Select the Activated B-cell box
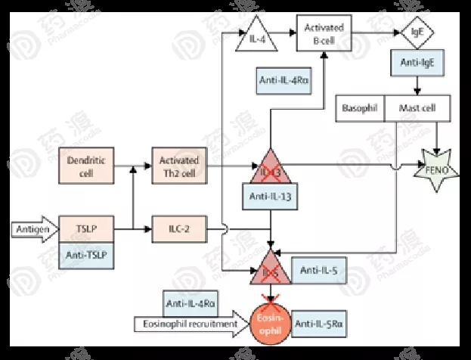click(x=324, y=33)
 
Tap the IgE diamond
click(x=417, y=33)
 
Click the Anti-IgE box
click(x=417, y=64)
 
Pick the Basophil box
click(x=359, y=108)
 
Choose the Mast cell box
click(x=417, y=108)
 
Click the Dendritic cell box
click(x=85, y=166)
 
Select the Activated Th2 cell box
click(x=179, y=166)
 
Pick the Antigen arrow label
click(x=33, y=227)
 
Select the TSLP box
click(x=85, y=226)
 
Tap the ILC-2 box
click(x=179, y=226)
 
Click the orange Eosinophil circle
click(x=272, y=322)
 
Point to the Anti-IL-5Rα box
click(x=320, y=324)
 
